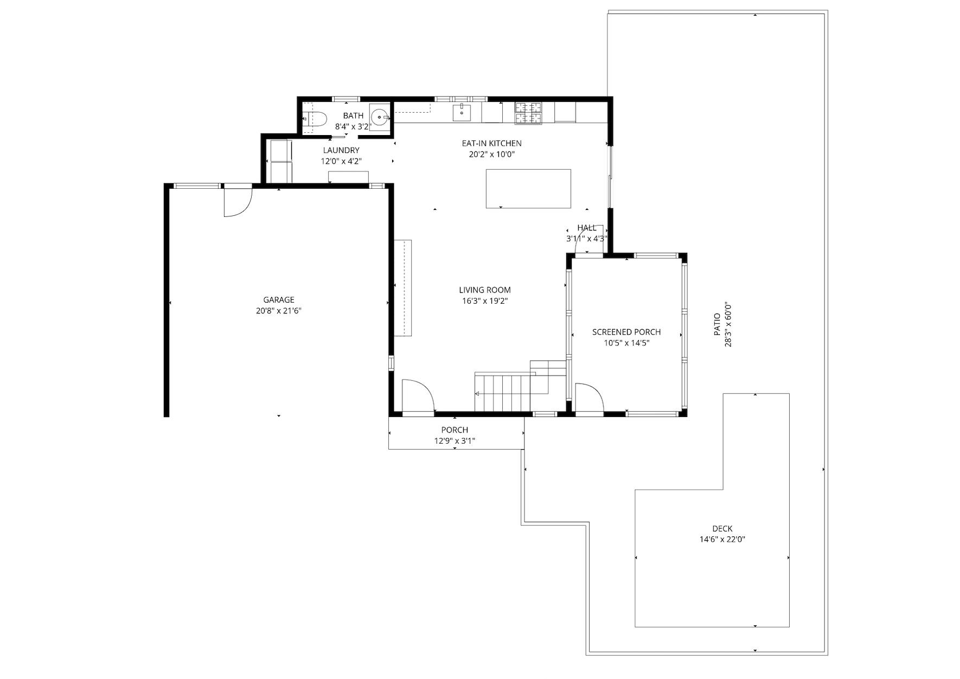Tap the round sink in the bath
pyautogui.click(x=380, y=116)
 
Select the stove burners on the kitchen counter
pyautogui.click(x=528, y=113)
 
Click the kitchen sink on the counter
pyautogui.click(x=462, y=113)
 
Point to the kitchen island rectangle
pyautogui.click(x=528, y=188)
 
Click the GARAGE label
pyautogui.click(x=279, y=300)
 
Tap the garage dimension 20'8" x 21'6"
pyautogui.click(x=279, y=311)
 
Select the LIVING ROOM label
pyautogui.click(x=485, y=290)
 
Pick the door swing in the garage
pyautogui.click(x=238, y=202)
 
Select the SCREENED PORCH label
pyautogui.click(x=626, y=332)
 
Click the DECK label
pyautogui.click(x=722, y=529)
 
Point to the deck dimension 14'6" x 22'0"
pyautogui.click(x=722, y=540)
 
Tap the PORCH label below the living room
pyautogui.click(x=455, y=430)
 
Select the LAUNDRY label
pyautogui.click(x=341, y=150)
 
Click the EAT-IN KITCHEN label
pyautogui.click(x=491, y=143)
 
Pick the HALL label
pyautogui.click(x=587, y=228)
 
